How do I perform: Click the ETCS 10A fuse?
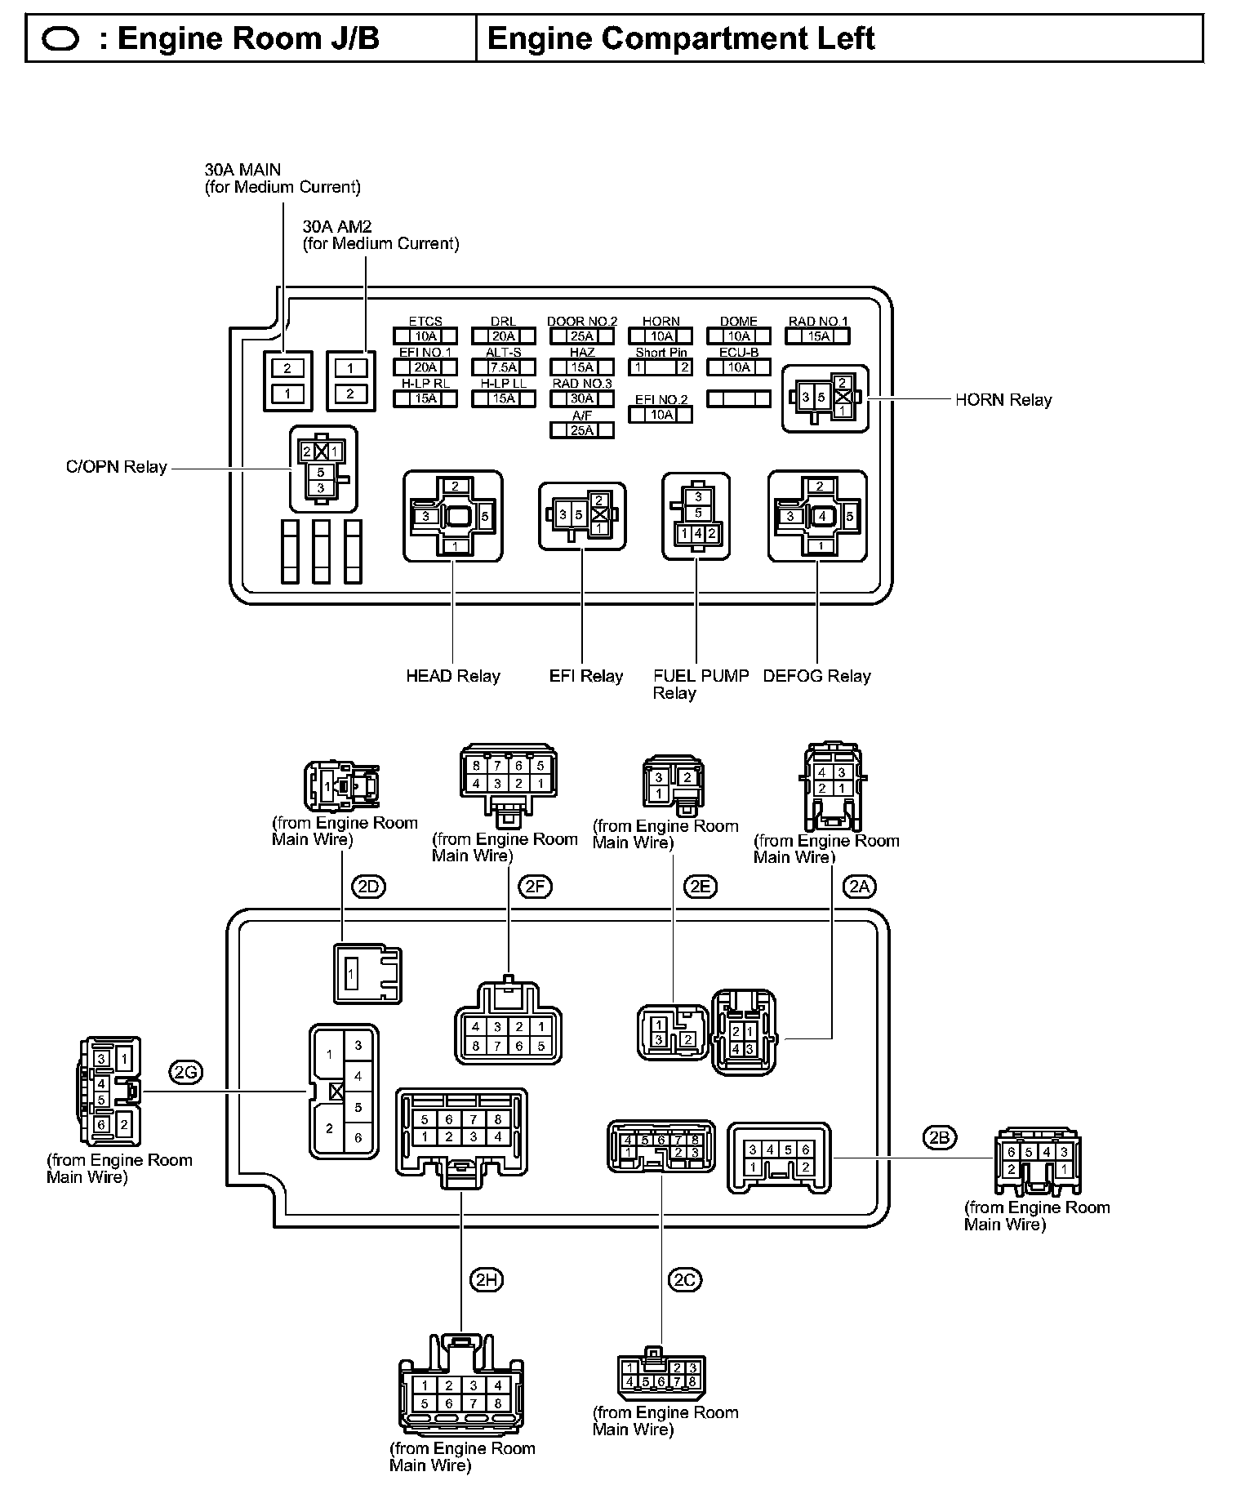425,336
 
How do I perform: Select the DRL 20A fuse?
504,336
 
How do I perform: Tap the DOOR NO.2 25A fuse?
581,336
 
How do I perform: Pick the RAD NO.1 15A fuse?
818,336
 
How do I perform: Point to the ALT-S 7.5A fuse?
504,367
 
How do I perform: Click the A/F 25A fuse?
581,430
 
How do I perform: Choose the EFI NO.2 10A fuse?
661,414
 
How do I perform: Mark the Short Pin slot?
661,367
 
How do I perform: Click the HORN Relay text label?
1003,400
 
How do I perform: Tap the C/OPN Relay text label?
117,468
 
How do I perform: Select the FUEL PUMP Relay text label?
701,684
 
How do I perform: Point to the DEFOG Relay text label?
816,676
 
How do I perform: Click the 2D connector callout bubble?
367,887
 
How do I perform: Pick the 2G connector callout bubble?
186,1072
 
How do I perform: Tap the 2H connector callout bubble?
487,1280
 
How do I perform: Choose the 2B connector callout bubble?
940,1136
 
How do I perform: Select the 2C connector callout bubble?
685,1280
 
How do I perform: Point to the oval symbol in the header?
60,39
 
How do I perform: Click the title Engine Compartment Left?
681,38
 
